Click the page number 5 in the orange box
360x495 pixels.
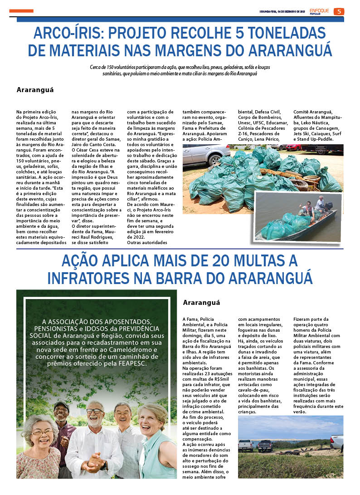(339, 11)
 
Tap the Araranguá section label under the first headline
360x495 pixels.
(35, 89)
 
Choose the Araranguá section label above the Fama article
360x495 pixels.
(201, 303)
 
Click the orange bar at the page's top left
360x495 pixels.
(21, 10)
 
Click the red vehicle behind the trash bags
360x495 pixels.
(294, 147)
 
